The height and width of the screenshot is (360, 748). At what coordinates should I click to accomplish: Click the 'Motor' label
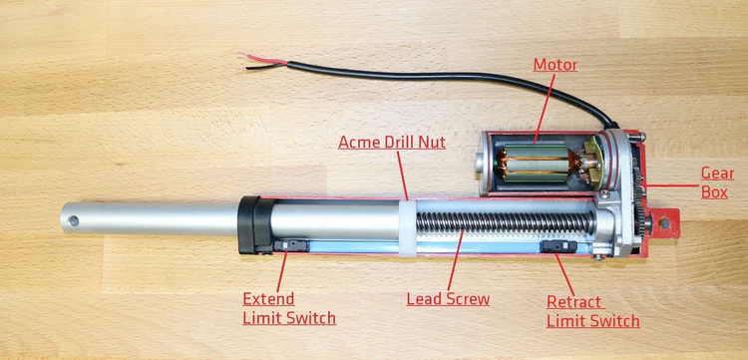555,65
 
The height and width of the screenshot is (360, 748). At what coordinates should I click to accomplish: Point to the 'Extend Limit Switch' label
289,308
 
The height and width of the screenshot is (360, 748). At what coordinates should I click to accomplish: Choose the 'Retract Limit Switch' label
592,311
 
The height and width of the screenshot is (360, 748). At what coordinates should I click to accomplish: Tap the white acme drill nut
407,226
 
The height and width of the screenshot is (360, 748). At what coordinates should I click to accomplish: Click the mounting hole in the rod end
71,220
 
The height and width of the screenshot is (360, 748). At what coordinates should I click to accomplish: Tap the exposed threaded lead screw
499,223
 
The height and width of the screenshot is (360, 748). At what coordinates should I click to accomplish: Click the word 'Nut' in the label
427,143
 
